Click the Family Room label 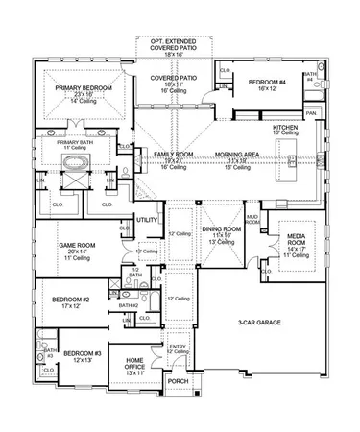[176, 154]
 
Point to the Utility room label [148, 220]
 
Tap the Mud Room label [253, 220]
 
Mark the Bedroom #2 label [72, 300]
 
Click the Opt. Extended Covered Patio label [174, 46]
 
